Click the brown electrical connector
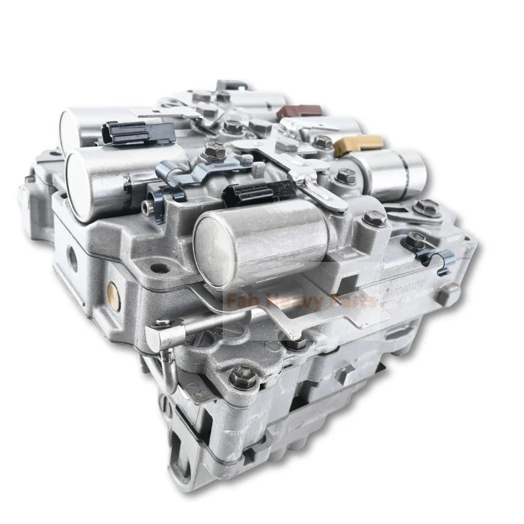coord(299,112)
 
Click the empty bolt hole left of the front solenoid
coord(155,268)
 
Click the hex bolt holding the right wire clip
coord(413,240)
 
